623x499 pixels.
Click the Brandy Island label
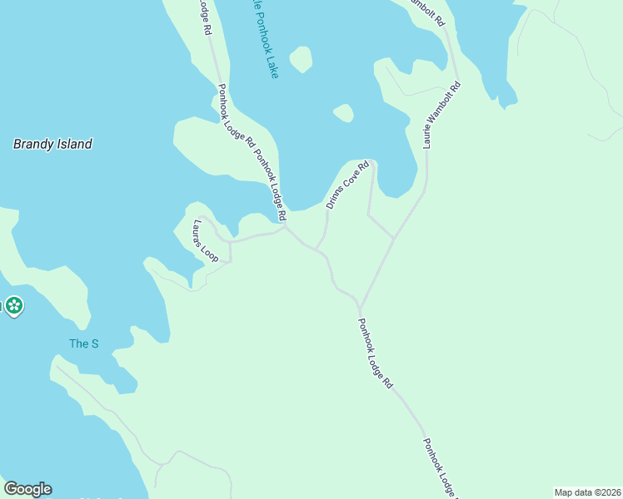(52, 144)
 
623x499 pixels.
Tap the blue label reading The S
(83, 343)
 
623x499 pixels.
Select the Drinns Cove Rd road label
(346, 185)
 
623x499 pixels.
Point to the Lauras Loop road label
(205, 241)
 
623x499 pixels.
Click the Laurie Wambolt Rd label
(441, 115)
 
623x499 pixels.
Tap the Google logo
(27, 489)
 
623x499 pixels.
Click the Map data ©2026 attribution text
(588, 492)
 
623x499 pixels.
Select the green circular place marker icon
(13, 307)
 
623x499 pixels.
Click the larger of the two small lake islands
(300, 59)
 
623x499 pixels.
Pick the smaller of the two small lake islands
(343, 112)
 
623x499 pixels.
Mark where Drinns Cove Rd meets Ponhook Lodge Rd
(316, 248)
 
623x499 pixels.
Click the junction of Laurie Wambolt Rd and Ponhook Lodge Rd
(359, 305)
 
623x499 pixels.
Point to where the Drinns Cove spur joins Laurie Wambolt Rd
(393, 238)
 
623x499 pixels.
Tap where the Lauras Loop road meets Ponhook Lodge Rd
(286, 229)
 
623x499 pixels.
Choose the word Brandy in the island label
(32, 144)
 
